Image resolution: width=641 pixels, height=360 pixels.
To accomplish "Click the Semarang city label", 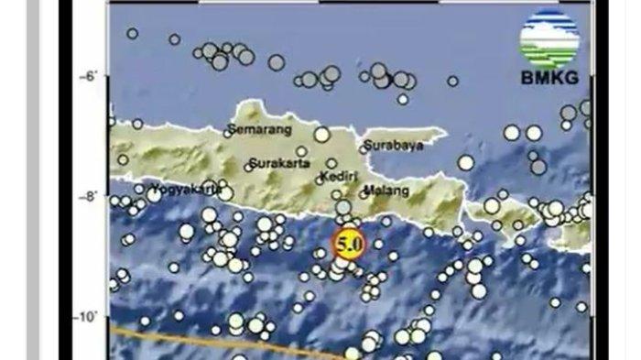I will (x=254, y=131).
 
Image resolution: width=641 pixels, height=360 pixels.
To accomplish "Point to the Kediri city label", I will (x=339, y=175).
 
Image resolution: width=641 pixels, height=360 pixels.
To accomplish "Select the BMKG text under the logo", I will (x=549, y=78).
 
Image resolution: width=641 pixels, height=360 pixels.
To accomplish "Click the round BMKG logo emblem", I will (x=549, y=38).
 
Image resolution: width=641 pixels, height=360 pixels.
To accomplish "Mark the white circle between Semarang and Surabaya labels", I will (x=321, y=134).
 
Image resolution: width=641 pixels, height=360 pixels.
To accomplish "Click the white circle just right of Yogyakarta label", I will (x=225, y=192).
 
